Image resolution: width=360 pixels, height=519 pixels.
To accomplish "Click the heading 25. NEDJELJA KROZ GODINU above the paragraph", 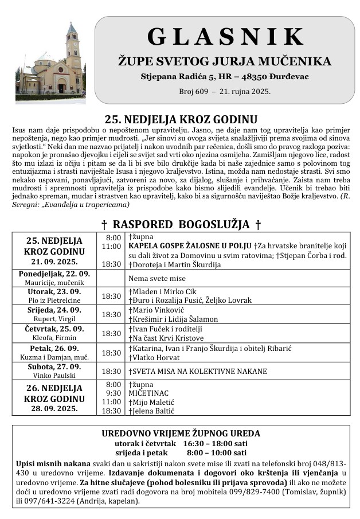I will click(181, 120).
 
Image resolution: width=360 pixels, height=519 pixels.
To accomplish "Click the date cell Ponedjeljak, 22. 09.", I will click(54, 274).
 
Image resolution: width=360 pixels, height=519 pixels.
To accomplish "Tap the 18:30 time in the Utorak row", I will click(111, 296).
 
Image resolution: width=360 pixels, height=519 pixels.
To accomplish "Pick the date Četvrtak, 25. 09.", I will click(54, 329).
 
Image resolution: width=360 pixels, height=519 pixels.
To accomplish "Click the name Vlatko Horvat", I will click(154, 357).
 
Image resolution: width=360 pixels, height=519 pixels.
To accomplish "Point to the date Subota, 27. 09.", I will click(54, 366).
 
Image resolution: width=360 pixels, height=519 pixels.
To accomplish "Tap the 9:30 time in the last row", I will click(114, 393).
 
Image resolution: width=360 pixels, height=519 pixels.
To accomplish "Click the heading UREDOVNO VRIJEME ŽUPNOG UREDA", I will click(181, 433).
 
